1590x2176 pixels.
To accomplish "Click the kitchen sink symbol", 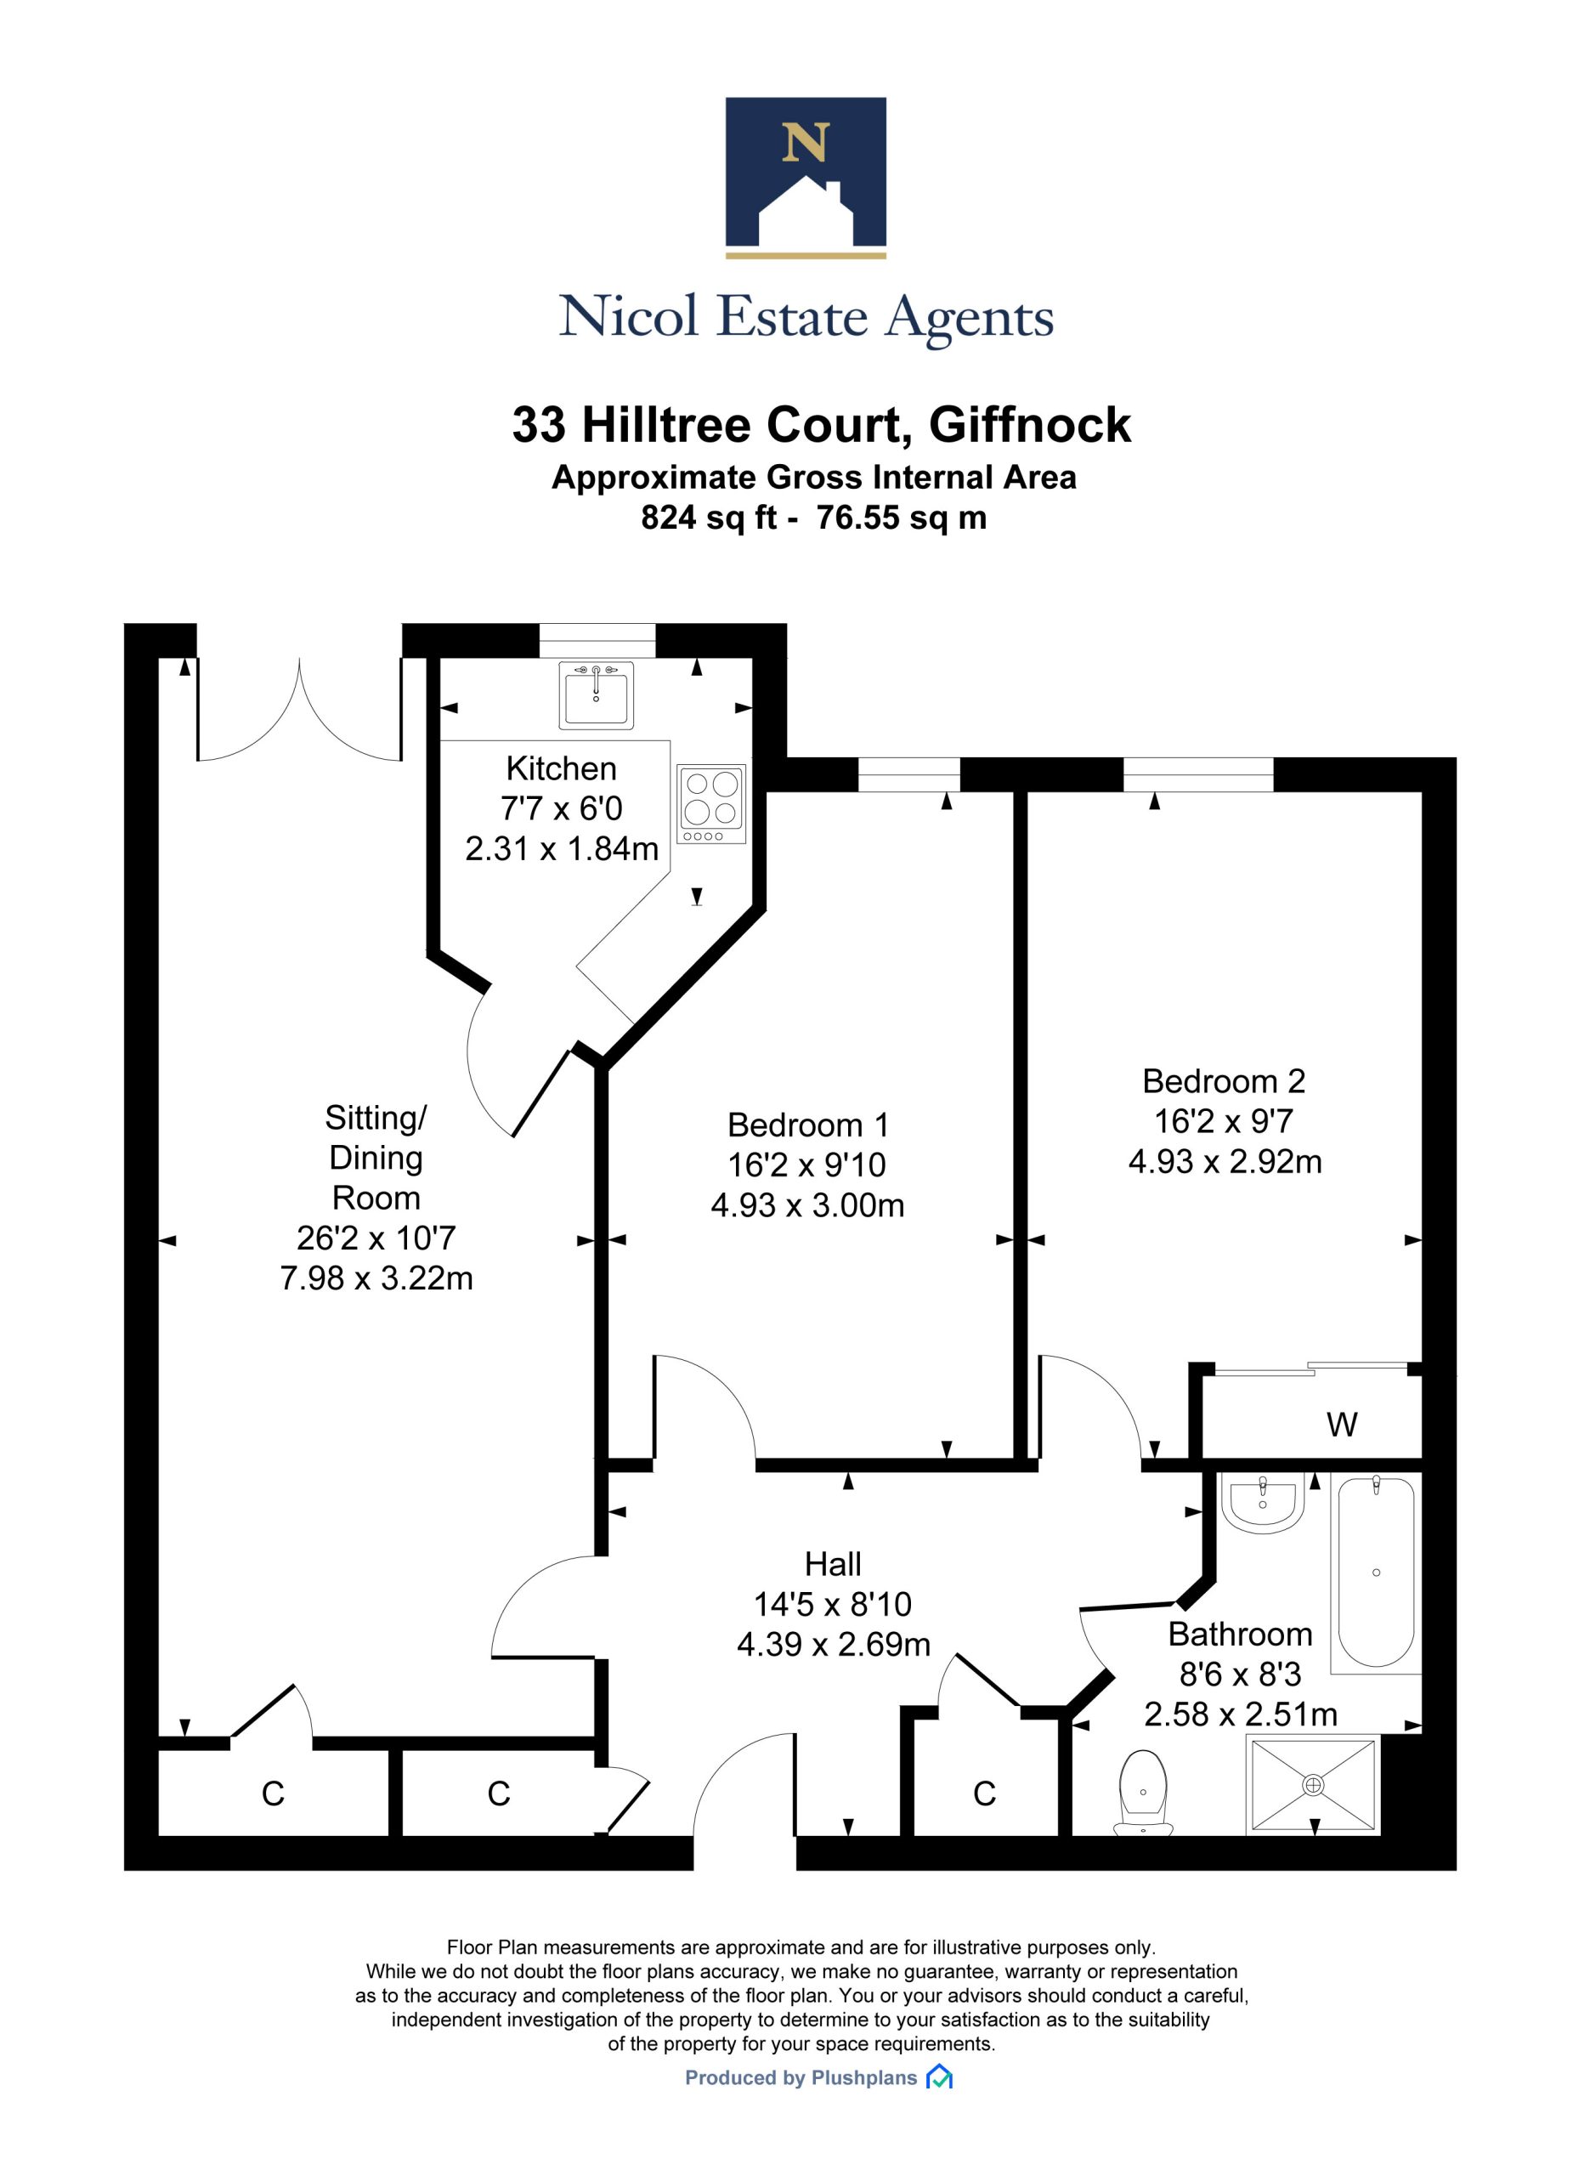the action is coord(596,694).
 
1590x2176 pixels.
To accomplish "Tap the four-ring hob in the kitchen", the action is coord(711,803).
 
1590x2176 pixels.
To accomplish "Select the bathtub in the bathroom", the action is coord(1375,1572).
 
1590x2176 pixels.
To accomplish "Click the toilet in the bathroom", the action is coord(1142,1793).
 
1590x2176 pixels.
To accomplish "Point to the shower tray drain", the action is coord(1313,1785).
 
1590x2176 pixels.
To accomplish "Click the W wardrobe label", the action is coord(1342,1425).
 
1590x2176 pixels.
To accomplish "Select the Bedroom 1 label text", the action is coord(807,1125).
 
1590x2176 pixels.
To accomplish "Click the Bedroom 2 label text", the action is coord(1223,1082).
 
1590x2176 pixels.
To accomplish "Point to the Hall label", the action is coord(833,1565).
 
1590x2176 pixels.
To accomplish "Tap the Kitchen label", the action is coord(561,769).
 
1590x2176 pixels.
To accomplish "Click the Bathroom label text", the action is coord(1240,1635).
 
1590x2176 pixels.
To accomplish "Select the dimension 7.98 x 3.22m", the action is coord(376,1278).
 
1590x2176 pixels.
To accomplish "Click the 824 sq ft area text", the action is coord(709,518).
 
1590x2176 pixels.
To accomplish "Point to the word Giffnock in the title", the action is coord(1030,425).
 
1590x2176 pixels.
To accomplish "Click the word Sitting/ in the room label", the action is coord(376,1119).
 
